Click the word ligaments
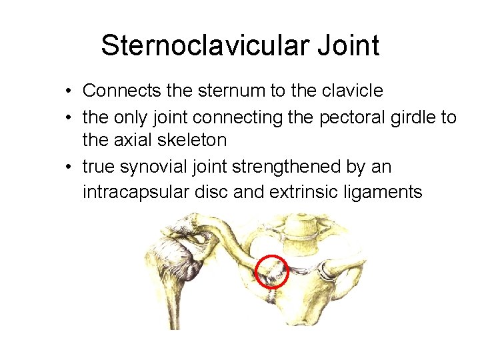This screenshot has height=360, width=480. point(385,193)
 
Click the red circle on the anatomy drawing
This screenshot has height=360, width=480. point(272,271)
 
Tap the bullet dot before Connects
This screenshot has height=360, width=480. point(70,91)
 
